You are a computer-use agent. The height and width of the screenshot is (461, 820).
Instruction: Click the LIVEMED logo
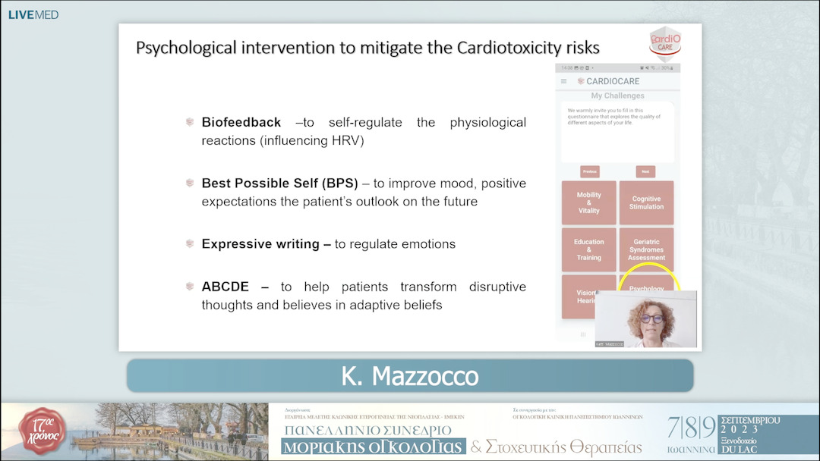coord(33,14)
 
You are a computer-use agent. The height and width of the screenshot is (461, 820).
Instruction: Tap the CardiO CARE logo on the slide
coord(664,41)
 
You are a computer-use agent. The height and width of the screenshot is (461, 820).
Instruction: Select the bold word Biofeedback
coord(241,122)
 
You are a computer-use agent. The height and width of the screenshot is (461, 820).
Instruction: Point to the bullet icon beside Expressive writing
coord(190,243)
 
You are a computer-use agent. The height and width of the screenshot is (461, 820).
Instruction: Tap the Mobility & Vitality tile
coord(588,202)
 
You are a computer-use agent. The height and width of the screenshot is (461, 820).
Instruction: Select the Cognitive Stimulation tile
coord(646,202)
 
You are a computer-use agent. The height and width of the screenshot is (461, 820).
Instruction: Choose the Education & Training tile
coord(588,249)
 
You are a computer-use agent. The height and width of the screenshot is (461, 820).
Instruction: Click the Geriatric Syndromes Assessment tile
coord(646,249)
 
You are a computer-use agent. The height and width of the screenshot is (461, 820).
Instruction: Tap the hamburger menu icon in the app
coord(563,81)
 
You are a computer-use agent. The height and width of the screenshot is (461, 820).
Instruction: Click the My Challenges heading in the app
coord(617,96)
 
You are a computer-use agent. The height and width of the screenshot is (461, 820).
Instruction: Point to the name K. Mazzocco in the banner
coord(409,375)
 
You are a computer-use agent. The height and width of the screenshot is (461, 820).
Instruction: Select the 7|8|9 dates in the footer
coord(690,428)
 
